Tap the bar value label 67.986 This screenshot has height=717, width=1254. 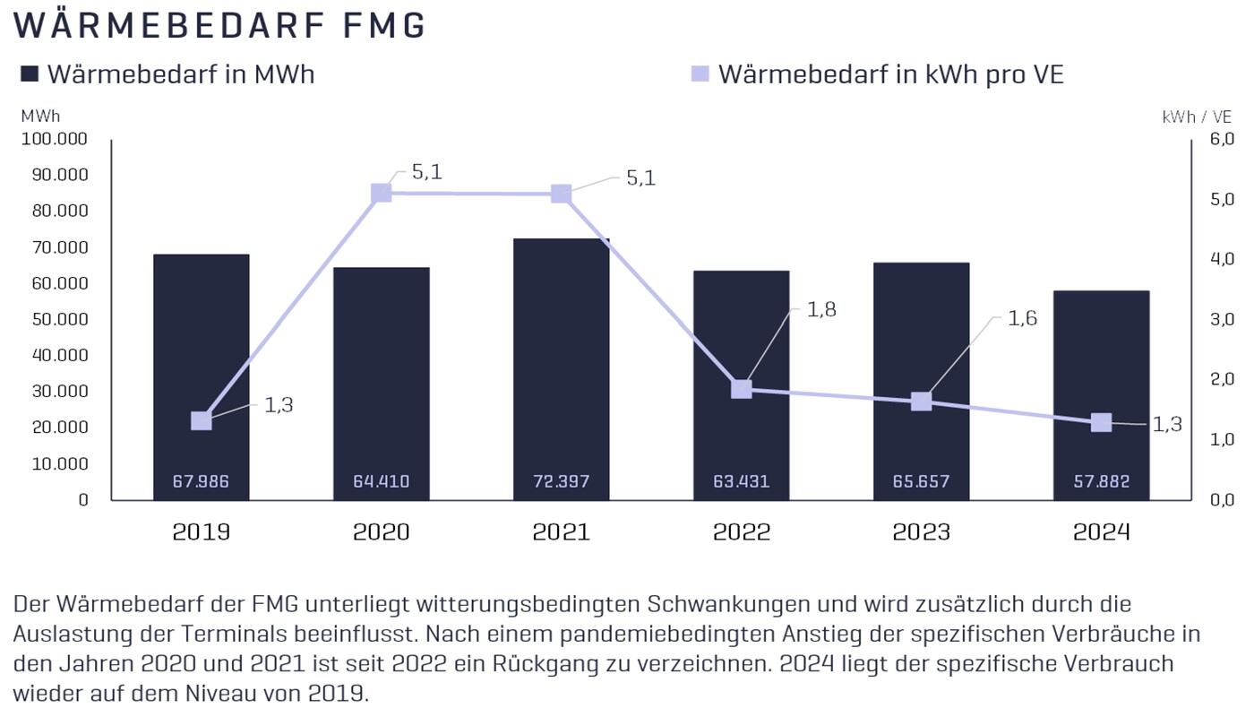click(201, 482)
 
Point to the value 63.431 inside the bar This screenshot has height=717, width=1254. click(741, 482)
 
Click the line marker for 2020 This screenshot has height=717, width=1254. click(381, 193)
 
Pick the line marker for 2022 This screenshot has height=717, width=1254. click(741, 389)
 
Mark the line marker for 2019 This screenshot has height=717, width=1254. click(201, 420)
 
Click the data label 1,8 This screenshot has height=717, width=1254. click(821, 310)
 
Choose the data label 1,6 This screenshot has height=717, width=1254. click(1022, 318)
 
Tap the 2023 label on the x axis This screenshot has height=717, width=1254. click(921, 531)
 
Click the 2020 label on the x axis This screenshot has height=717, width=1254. click(381, 531)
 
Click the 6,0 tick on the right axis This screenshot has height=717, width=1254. click(1222, 139)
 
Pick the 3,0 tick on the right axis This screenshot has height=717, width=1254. click(1222, 319)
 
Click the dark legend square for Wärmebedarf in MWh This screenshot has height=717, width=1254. click(30, 74)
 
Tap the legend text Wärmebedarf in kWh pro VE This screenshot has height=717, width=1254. click(890, 74)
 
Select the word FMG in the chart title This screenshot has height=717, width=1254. click(385, 26)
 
